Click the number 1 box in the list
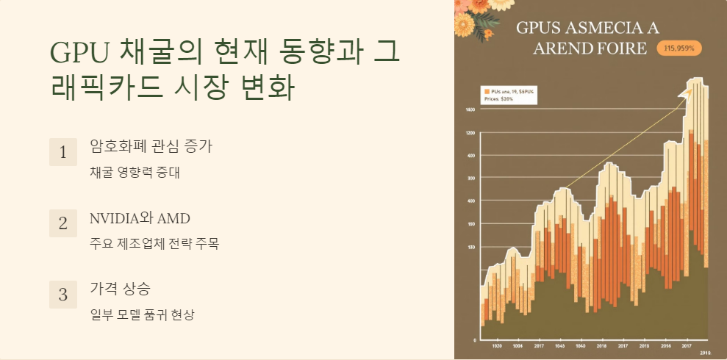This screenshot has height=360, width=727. (x=62, y=152)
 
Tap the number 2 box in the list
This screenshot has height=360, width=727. (x=62, y=223)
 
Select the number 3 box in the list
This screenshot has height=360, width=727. (x=62, y=294)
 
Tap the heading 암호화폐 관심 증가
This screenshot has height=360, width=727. (x=150, y=146)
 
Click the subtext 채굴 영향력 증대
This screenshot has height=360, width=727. (x=135, y=173)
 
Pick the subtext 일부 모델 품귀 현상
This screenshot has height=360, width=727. (x=142, y=314)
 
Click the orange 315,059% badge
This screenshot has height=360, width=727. (x=678, y=48)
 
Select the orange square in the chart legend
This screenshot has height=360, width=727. (x=486, y=90)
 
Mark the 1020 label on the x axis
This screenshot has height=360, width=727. (x=497, y=345)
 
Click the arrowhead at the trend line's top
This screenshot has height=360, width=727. (x=690, y=91)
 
